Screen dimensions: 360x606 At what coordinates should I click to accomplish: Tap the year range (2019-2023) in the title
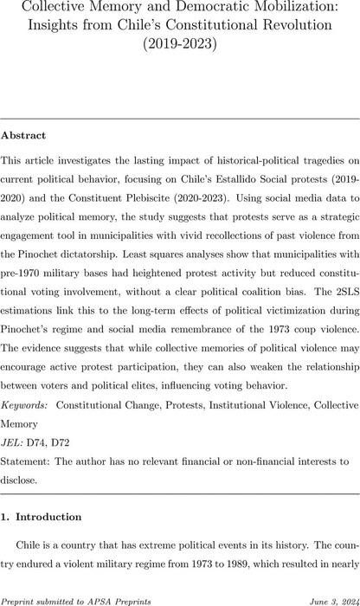click(x=179, y=43)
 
